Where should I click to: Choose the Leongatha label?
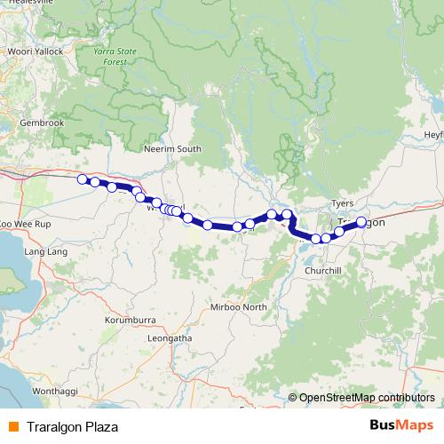[170, 337]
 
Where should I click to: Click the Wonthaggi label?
[55, 391]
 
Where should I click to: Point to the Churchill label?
[324, 270]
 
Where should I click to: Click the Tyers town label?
[342, 203]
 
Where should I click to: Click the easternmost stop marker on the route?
[361, 221]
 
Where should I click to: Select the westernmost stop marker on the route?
[83, 179]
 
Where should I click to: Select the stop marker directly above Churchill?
[326, 237]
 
